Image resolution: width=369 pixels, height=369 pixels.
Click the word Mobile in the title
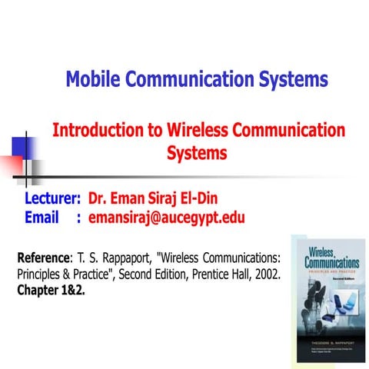(x=94, y=79)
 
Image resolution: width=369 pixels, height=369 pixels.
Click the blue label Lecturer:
(x=53, y=199)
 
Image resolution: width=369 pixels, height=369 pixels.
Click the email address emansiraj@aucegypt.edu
(x=166, y=218)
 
